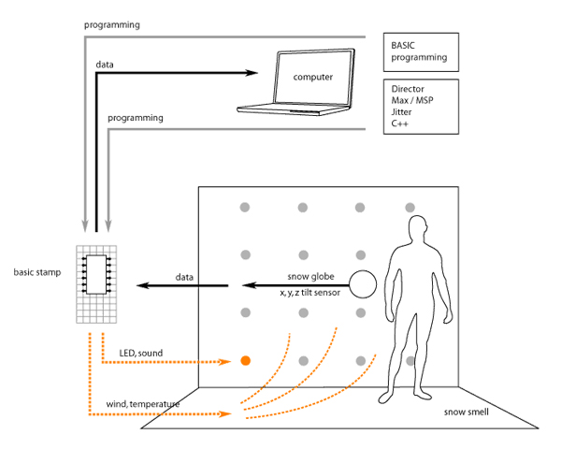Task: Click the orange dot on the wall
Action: (246, 360)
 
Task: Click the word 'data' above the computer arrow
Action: (106, 65)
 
